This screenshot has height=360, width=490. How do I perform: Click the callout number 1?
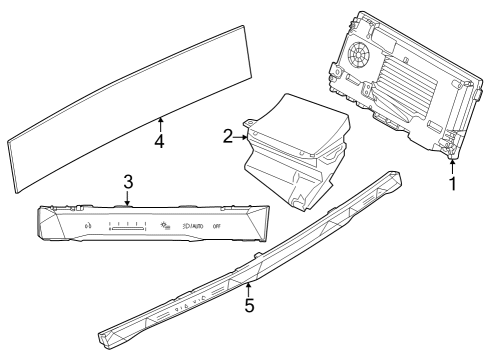452,184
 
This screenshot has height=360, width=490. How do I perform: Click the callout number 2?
228,135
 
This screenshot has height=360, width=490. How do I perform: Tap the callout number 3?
127,180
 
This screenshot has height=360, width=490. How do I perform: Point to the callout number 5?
249,305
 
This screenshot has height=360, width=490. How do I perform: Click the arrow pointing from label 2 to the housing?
242,135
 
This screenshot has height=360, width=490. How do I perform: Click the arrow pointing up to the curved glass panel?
159,122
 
